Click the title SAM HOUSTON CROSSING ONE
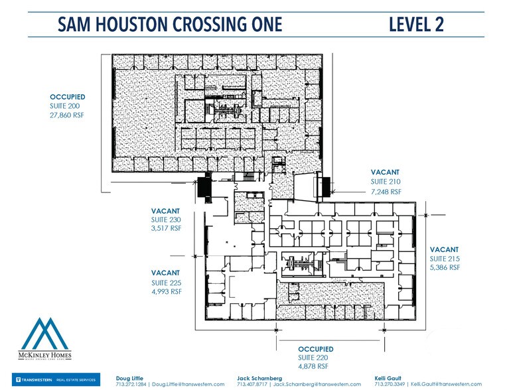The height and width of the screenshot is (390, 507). click(170, 25)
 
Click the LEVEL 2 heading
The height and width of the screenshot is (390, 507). click(416, 25)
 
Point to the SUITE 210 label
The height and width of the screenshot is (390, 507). click(386, 181)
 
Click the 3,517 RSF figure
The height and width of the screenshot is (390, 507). click(166, 228)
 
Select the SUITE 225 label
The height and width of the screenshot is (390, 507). click(166, 283)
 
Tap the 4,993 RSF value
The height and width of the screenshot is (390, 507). click(166, 291)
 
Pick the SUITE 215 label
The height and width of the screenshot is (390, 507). click(445, 259)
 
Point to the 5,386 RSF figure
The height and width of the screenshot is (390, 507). click(445, 268)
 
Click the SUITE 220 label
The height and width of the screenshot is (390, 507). click(313, 357)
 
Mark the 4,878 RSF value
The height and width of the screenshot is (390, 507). click(313, 366)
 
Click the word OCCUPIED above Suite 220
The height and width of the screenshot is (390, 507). click(315, 349)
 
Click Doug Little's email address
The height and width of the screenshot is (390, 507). click(189, 384)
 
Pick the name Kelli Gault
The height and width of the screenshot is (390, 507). click(388, 377)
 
